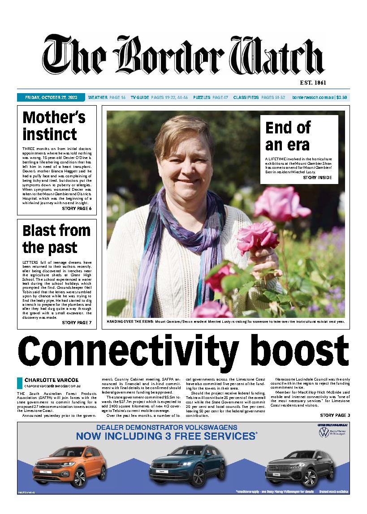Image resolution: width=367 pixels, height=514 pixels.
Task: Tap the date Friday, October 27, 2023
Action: click(51, 97)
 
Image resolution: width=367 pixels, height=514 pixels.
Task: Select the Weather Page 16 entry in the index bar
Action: click(107, 97)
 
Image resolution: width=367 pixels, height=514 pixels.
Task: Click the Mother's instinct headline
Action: click(54, 126)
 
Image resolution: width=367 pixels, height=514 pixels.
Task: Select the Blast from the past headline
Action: click(56, 239)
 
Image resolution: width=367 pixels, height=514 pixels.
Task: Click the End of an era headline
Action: click(287, 136)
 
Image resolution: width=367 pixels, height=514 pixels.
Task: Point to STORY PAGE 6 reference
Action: click(76, 209)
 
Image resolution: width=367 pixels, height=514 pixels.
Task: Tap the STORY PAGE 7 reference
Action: click(76, 322)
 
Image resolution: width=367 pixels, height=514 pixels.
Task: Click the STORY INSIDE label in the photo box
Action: click(318, 178)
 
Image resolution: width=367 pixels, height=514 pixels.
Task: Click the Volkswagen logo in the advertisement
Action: click(323, 433)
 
